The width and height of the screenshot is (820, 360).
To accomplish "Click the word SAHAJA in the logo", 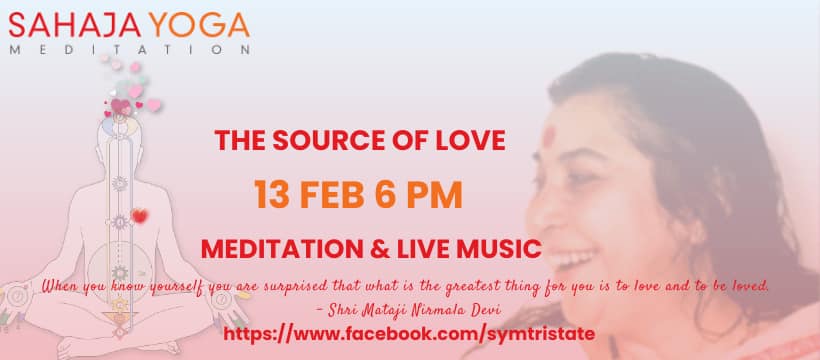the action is (x=75, y=25).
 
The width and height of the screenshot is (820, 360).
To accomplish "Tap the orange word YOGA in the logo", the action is (x=199, y=25).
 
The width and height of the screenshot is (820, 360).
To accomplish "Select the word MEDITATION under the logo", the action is (x=129, y=50).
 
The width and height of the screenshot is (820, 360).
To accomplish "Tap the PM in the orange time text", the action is (x=435, y=195).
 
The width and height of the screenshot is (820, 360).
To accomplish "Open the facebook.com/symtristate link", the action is (x=409, y=334).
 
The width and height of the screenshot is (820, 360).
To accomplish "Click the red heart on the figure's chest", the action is (x=140, y=216).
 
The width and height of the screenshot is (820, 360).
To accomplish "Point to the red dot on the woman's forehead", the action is (x=548, y=137).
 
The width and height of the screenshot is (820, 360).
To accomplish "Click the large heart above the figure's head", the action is (x=121, y=107).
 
